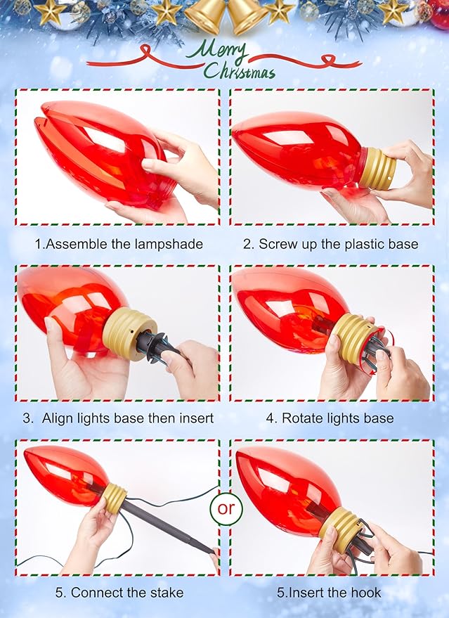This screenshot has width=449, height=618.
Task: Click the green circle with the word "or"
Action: [226, 508]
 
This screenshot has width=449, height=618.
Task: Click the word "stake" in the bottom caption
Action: [165, 593]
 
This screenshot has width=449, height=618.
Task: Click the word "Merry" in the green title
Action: [217, 51]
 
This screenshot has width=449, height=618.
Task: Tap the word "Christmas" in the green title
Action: [240, 71]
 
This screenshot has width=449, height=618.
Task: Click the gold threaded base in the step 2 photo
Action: [377, 168]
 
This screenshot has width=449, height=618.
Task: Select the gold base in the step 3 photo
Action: [127, 333]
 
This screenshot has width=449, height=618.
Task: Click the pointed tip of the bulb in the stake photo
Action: [25, 453]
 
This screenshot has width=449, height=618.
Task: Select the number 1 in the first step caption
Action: [38, 244]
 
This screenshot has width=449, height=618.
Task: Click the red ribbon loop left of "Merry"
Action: [147, 51]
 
